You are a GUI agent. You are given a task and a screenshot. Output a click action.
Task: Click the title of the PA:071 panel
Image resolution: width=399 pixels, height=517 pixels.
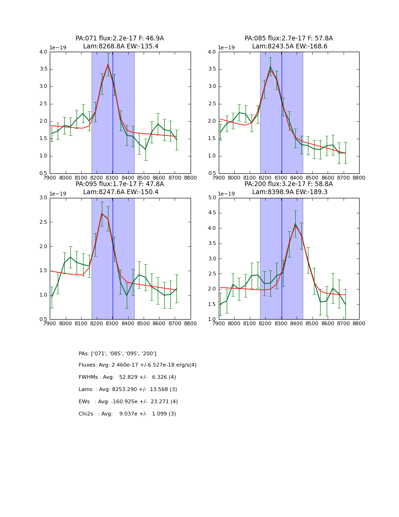(x=120, y=39)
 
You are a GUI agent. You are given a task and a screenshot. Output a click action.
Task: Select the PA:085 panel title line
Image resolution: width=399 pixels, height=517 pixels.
(x=289, y=39)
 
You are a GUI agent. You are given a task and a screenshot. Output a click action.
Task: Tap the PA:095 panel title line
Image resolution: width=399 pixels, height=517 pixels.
(x=120, y=184)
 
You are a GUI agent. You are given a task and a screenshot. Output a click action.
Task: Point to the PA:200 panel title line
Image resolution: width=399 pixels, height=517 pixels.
(x=289, y=184)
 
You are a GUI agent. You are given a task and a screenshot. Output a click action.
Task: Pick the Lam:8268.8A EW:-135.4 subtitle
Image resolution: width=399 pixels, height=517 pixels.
(x=121, y=47)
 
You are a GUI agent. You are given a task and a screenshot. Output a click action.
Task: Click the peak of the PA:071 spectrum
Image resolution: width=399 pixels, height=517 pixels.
(x=108, y=64)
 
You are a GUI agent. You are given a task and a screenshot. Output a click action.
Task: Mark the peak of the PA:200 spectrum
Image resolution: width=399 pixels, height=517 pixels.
(x=295, y=224)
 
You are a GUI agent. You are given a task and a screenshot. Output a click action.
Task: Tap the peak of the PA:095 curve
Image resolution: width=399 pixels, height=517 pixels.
(x=102, y=213)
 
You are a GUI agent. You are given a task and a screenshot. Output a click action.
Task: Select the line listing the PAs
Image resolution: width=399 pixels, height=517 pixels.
(x=117, y=353)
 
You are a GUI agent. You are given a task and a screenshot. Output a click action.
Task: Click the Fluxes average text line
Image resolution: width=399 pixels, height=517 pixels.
(x=138, y=365)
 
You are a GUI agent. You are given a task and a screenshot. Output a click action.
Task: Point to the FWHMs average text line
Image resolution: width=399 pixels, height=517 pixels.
(x=127, y=377)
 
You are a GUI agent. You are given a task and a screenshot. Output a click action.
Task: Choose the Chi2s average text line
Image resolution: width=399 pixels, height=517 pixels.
(x=127, y=414)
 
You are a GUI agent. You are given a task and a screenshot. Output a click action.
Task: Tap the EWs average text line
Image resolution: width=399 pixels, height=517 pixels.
(x=128, y=402)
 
